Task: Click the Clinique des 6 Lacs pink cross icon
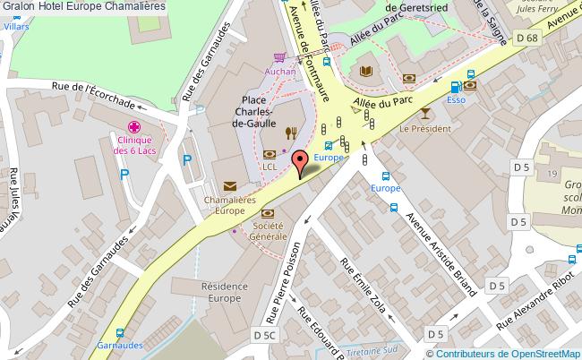134,126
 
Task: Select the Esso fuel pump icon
456,88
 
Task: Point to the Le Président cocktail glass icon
424,113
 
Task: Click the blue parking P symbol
187,161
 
